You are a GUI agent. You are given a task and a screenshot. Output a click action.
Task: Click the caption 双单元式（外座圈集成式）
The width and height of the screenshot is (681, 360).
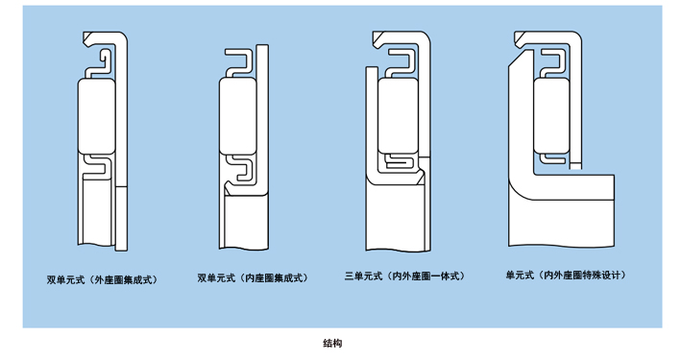pos(102,279)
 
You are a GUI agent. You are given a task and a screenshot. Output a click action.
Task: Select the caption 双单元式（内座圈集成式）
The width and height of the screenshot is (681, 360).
pos(253,277)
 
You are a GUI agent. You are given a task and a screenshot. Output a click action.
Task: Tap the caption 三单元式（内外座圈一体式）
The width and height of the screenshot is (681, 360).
pos(404,276)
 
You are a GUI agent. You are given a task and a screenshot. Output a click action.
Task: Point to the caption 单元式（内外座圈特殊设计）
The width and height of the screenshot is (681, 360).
pos(566,275)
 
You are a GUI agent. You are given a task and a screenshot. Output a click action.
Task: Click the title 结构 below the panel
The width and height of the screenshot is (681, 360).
pos(332,343)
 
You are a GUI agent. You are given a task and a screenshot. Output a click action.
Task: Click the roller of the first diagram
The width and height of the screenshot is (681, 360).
pos(97,116)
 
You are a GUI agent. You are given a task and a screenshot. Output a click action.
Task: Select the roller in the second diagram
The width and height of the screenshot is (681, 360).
pos(238,116)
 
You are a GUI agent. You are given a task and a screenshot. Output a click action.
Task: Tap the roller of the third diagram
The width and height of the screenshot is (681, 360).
pos(398,116)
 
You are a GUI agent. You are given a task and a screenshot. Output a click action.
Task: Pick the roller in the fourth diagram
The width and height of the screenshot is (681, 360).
pos(551,116)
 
